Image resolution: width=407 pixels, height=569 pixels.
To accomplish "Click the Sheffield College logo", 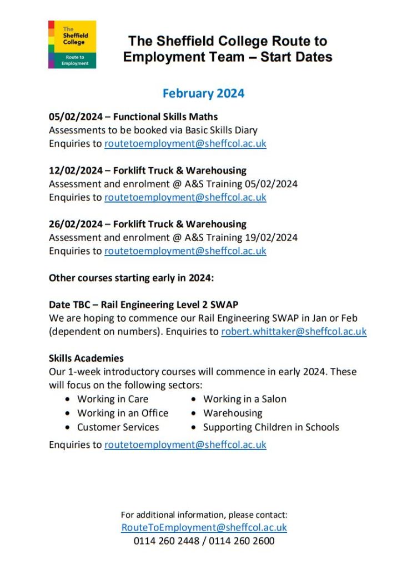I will (72, 44).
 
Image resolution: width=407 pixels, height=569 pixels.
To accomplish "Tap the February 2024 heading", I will (203, 93).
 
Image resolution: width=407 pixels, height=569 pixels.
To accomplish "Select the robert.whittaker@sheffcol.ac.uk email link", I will (294, 332).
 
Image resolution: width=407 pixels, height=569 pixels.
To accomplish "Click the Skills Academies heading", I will (86, 358).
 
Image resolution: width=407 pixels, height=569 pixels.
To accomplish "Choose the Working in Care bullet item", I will (113, 399).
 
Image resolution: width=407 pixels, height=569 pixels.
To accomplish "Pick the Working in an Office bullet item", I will (123, 413).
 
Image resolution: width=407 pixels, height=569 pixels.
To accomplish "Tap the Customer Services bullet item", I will (118, 427).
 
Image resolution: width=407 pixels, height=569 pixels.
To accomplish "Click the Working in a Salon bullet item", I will (245, 399).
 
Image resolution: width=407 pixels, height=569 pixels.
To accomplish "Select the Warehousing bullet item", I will (233, 413).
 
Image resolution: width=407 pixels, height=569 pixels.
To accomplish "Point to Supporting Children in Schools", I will (271, 427).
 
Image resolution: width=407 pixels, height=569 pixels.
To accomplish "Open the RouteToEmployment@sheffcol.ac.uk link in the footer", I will (204, 528).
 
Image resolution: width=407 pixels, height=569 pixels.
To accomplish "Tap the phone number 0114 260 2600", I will (242, 541).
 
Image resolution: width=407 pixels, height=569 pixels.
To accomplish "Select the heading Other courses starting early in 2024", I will (131, 278).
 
